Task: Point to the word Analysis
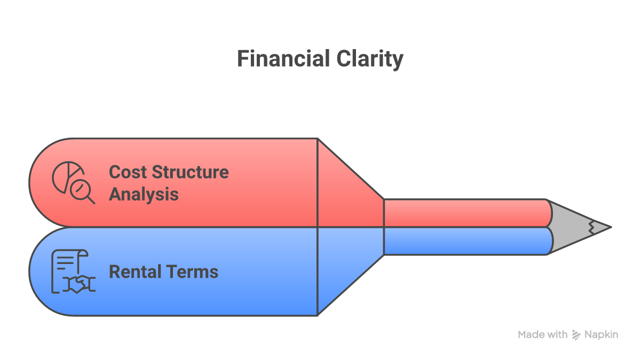pos(144,194)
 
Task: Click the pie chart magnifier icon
pos(73,183)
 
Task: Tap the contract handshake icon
pos(73,271)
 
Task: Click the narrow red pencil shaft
pos(467,213)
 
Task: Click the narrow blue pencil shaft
pos(467,241)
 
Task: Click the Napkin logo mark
pos(576,335)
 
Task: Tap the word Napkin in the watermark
pos(601,335)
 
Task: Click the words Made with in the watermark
pos(542,335)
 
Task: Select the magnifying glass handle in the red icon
pos(90,199)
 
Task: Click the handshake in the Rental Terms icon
pos(78,284)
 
